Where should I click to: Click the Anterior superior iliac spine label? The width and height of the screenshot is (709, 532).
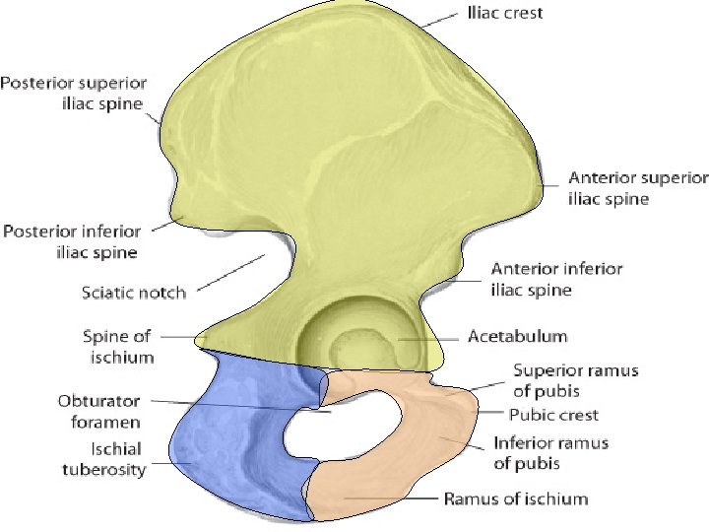coord(637,188)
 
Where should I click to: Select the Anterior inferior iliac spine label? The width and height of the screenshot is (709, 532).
coord(556,279)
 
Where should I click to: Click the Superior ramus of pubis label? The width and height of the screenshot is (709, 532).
coord(576,379)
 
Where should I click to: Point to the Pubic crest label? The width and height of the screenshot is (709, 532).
coord(553,415)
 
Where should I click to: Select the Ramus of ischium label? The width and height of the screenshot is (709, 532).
coord(516,499)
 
